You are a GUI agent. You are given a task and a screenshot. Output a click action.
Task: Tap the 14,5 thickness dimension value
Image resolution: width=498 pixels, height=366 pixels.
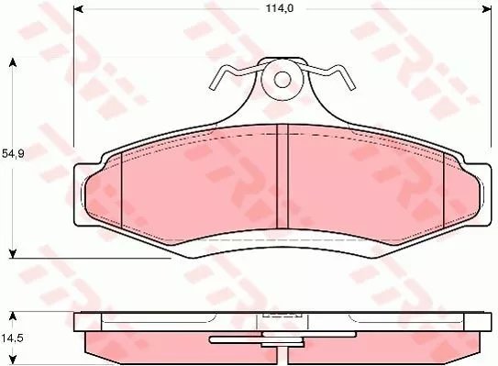pyautogui.click(x=12, y=337)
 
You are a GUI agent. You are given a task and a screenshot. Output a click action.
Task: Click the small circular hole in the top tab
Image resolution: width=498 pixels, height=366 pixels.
pyautogui.click(x=282, y=79)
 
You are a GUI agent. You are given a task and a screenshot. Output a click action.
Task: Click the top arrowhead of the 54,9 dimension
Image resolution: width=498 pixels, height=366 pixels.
pyautogui.click(x=12, y=62)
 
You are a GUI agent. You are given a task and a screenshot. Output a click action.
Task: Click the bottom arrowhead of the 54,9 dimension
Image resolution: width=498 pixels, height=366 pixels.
pyautogui.click(x=12, y=251)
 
